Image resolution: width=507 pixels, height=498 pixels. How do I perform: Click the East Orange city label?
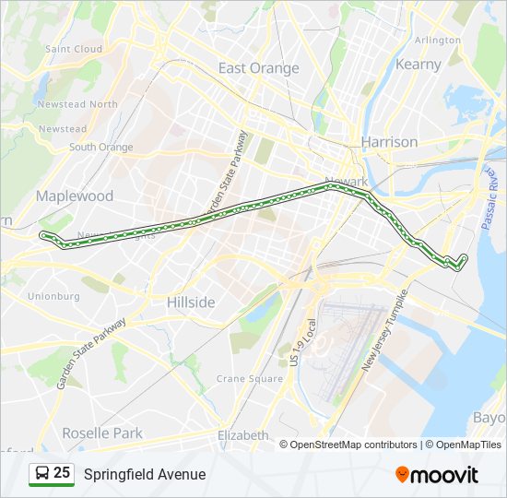coord(258,68)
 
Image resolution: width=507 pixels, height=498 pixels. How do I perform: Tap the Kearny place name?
coord(419,65)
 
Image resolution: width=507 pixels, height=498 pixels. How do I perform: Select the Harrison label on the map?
coord(389,142)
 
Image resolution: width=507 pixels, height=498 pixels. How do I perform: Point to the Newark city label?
coord(346,182)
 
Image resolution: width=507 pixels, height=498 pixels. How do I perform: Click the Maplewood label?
coord(74,196)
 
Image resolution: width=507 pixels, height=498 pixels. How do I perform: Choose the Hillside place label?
coord(191,302)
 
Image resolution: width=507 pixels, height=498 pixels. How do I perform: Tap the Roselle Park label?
coord(102,433)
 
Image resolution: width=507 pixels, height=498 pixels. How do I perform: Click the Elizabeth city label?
coord(242,435)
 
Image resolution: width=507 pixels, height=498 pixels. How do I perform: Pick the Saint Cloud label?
coord(74,49)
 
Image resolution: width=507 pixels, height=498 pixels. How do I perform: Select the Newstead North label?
coord(77,104)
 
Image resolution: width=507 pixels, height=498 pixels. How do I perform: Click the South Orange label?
coord(100,147)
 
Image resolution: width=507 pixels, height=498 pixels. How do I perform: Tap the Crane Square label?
coord(249,379)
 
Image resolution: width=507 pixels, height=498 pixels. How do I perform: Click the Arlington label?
coord(438,41)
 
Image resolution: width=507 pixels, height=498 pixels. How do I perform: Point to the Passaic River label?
coord(494,198)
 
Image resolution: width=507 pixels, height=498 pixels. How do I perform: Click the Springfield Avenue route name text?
coord(145,474)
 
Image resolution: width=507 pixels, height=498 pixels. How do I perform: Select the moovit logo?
coord(437,475)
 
